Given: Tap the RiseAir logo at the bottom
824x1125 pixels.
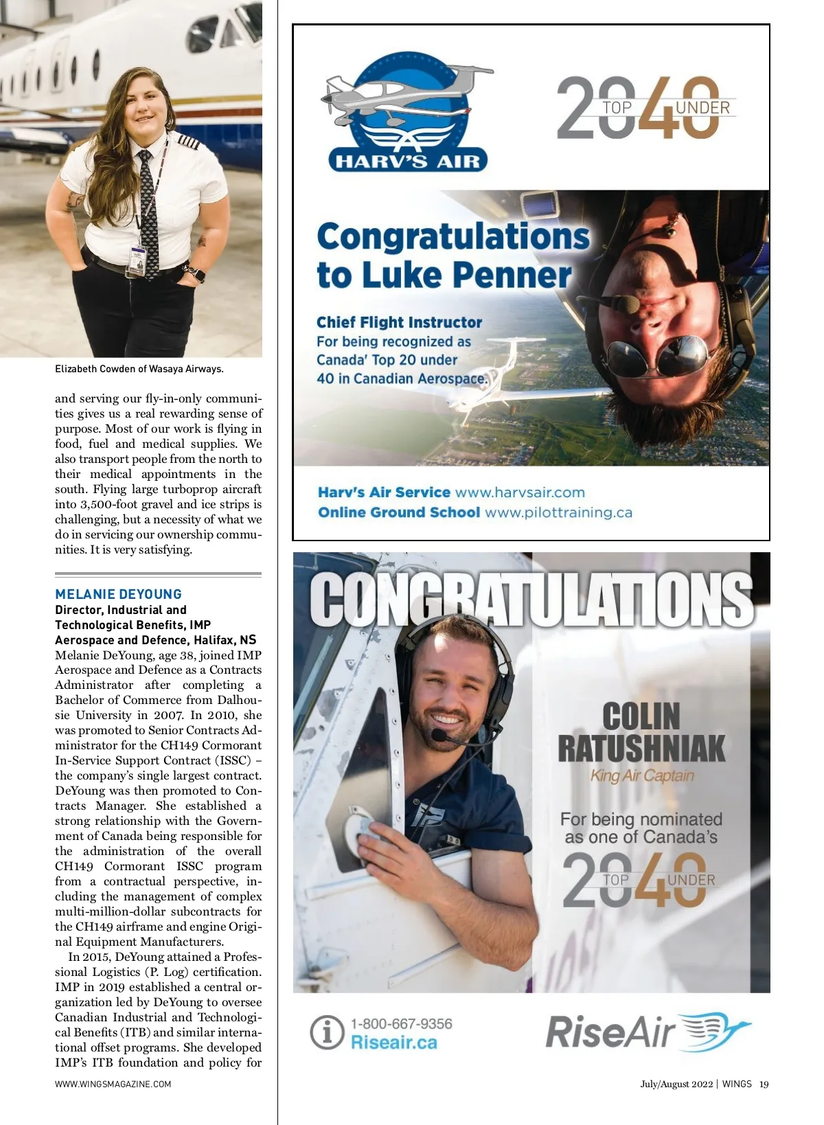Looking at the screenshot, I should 648,1032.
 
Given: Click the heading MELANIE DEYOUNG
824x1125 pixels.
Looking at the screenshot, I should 118,594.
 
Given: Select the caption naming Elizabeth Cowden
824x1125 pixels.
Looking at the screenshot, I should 139,369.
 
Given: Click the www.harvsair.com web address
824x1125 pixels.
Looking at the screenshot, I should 520,492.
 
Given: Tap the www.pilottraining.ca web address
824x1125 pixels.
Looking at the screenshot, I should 558,512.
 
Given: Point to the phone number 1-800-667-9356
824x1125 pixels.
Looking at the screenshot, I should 401,1023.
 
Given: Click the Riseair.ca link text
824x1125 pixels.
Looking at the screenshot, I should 393,1043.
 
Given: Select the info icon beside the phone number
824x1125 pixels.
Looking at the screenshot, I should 326,1032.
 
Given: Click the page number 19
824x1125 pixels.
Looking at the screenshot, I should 764,1084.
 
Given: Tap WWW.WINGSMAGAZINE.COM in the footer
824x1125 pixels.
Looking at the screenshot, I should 113,1084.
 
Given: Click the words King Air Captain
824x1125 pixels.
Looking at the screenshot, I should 642,775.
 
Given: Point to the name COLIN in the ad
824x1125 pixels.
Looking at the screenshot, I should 641,716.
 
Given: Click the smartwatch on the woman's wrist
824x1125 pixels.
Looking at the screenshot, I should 196,274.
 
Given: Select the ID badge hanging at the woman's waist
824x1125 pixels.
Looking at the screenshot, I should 136,262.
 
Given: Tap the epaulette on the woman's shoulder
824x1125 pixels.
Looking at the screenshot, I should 188,142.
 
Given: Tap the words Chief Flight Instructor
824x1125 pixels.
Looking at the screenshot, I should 399,322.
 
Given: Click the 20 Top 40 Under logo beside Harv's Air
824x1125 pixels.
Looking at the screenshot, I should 645,108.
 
